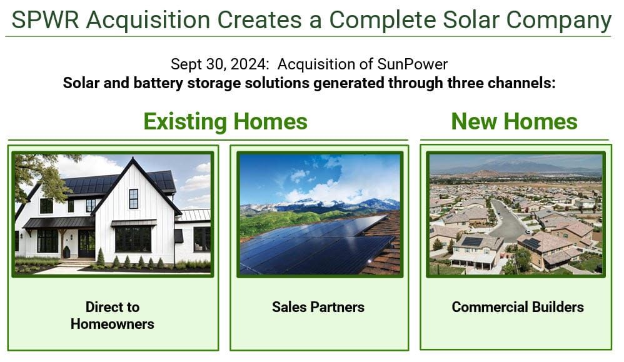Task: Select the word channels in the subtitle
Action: click(523, 83)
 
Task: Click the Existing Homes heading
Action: click(225, 121)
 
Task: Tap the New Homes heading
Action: click(514, 121)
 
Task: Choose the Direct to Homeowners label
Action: click(113, 315)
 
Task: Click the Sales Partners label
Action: click(318, 307)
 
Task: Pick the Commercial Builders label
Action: click(517, 307)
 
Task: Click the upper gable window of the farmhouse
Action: click(133, 198)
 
